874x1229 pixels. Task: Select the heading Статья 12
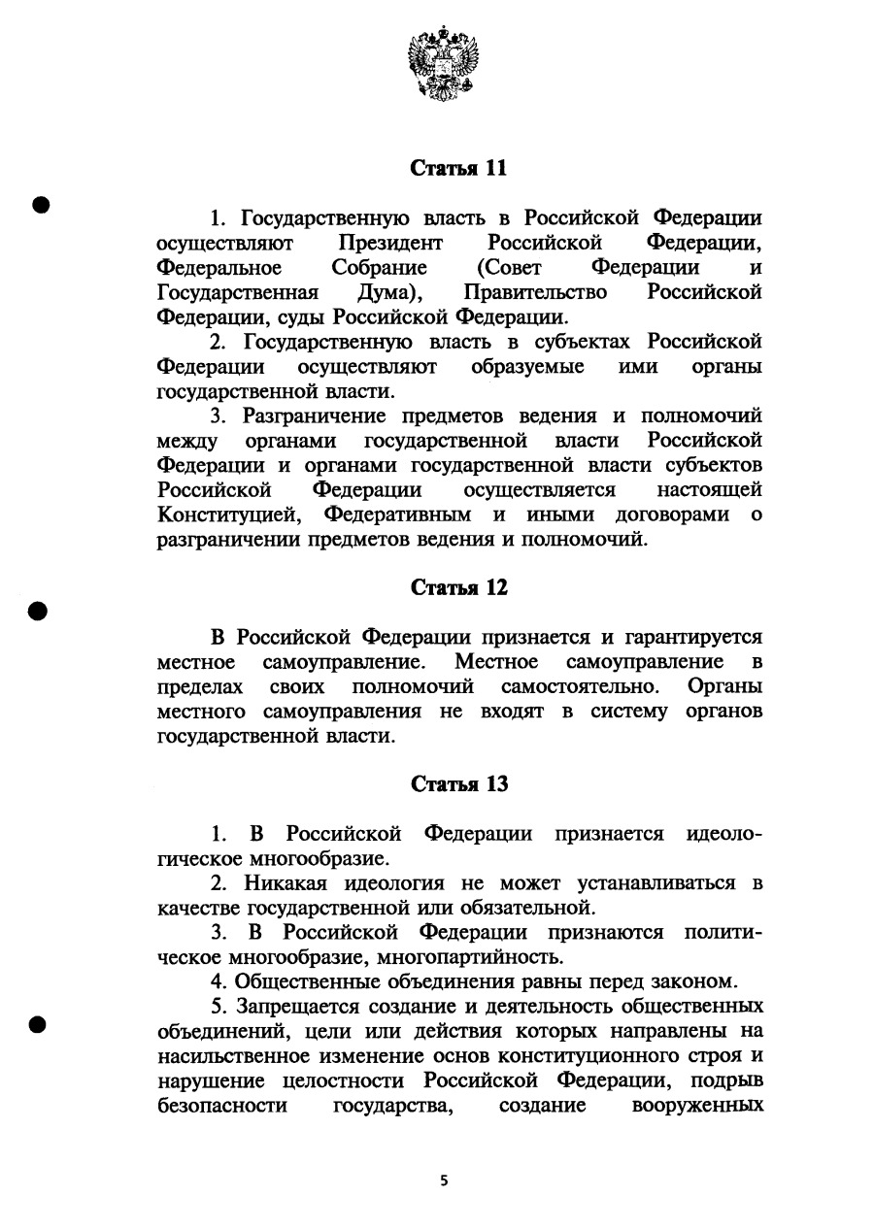click(459, 588)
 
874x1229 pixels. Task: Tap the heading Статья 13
click(459, 784)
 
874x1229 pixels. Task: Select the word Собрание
click(379, 267)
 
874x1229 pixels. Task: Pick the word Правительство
click(535, 292)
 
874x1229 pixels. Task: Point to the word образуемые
click(528, 368)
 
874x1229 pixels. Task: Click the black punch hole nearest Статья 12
click(38, 610)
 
